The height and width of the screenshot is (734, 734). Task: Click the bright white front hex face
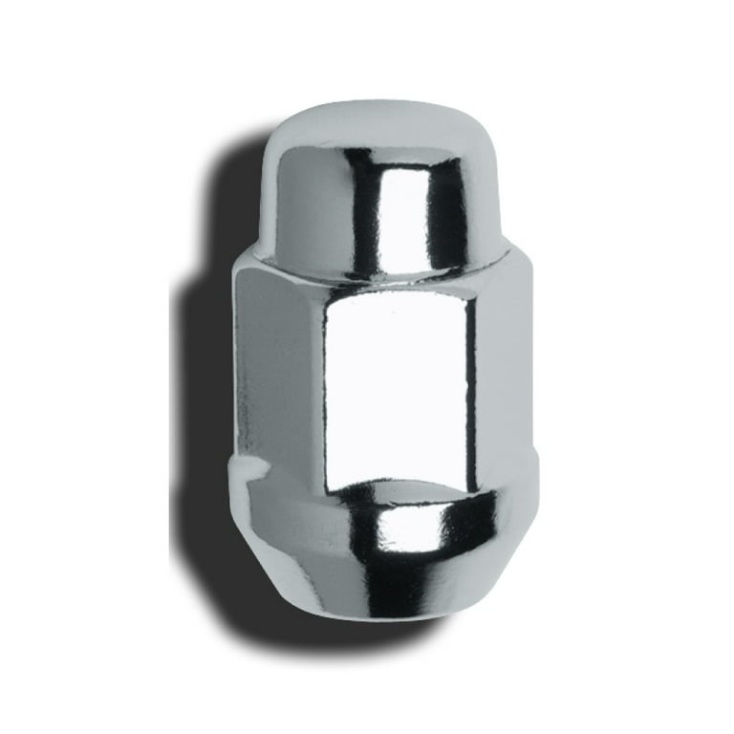click(x=397, y=382)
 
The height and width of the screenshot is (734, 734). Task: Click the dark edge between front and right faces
click(x=471, y=382)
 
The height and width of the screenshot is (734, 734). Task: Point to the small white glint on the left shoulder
click(x=250, y=468)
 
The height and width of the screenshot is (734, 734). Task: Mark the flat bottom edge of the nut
click(x=401, y=613)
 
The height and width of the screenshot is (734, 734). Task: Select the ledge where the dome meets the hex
click(x=382, y=269)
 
